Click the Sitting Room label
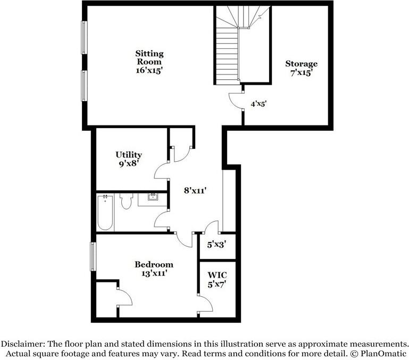pos(149,57)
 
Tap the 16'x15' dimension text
pos(149,70)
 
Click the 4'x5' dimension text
pos(258,104)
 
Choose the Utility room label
pos(129,155)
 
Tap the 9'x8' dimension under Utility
pos(129,164)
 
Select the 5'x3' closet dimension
pos(213,245)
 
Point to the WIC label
pos(217,275)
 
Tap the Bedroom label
pos(153,264)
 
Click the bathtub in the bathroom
pos(105,212)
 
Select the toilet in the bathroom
pos(126,202)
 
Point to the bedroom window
pos(93,256)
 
